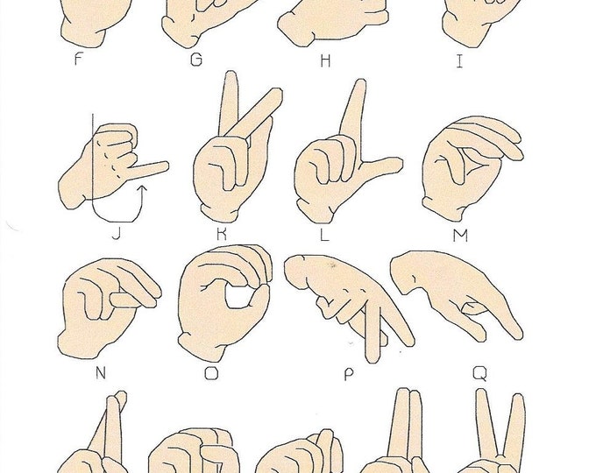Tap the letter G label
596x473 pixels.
pos(196,60)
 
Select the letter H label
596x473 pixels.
pos(328,60)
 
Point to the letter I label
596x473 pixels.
pos(460,60)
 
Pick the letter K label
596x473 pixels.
pos(223,234)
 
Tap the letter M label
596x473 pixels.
pos(464,234)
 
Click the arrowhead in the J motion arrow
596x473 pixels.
pos(141,185)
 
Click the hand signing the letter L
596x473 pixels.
pos(333,171)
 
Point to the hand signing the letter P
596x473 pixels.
pos(346,298)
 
